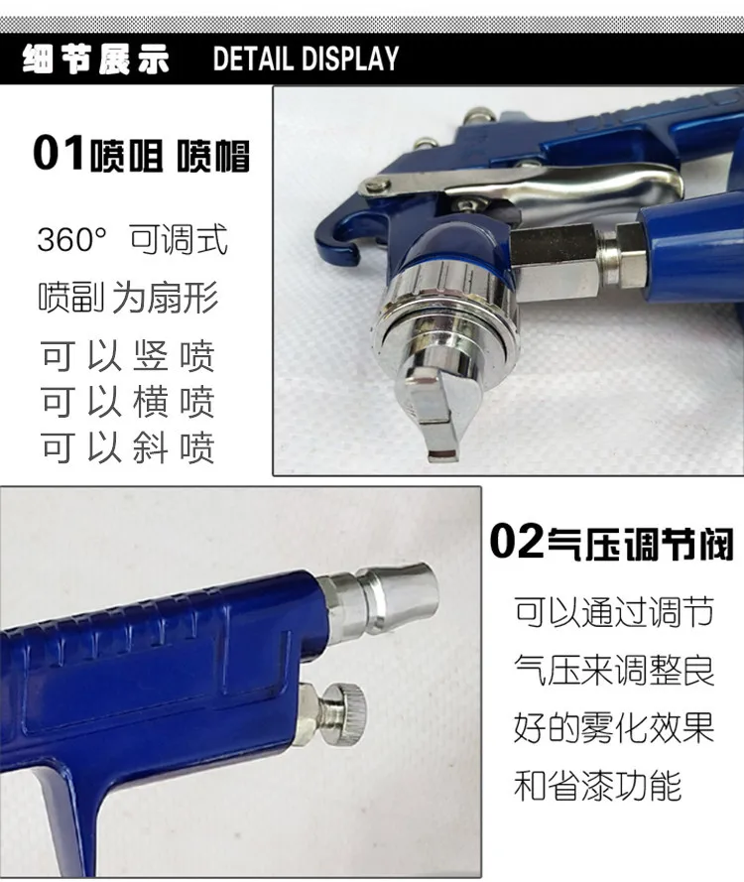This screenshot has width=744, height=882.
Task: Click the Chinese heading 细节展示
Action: point(96,59)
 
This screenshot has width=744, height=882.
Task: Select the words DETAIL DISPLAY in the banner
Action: point(306,59)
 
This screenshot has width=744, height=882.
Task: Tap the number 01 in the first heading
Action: point(59,155)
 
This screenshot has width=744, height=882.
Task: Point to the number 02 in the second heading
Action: point(516,544)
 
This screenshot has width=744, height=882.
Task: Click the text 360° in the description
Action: point(71,240)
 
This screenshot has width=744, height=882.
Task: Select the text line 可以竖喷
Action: point(127,356)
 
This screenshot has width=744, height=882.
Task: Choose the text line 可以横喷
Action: point(127,402)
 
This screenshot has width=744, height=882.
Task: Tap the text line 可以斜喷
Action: point(127,447)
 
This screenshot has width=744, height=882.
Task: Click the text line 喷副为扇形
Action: point(127,297)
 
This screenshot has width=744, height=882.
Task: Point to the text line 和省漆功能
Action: point(598,787)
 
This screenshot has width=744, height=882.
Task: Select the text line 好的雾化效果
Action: point(613,729)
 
